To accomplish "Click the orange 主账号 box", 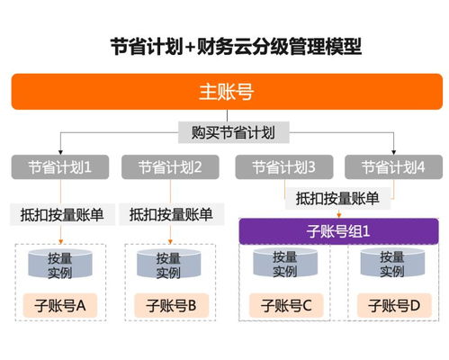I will (224, 91).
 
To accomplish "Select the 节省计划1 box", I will (60, 167).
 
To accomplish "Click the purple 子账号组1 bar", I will (338, 230).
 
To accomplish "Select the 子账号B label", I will (168, 305).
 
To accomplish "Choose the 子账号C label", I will (286, 305).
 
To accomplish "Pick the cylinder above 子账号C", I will (285, 265).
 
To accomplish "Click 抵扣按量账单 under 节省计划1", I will (61, 214).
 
